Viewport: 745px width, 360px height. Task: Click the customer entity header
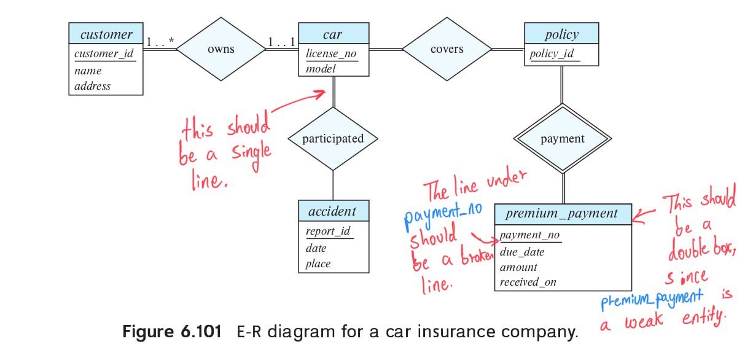106,34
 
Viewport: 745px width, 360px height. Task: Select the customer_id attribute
104,53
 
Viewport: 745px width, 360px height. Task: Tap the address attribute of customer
93,86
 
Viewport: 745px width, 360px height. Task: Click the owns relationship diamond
220,49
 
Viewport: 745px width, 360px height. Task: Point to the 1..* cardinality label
160,42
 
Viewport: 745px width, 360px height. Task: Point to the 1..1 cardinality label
281,42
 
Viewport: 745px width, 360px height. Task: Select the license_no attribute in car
331,53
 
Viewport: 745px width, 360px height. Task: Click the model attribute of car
321,69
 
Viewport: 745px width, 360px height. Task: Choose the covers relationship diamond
447,49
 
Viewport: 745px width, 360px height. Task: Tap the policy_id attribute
552,53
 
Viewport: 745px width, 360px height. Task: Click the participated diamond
333,139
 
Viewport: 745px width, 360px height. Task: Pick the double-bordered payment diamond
563,139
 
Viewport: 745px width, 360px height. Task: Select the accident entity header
333,211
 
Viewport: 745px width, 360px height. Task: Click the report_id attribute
328,232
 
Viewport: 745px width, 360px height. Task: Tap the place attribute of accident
318,264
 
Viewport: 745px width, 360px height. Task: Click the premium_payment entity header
562,214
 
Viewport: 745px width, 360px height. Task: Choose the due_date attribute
522,252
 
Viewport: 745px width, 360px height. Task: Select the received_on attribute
528,283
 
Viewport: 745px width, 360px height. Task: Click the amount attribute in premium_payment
518,267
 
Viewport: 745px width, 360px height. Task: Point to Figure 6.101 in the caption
171,332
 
